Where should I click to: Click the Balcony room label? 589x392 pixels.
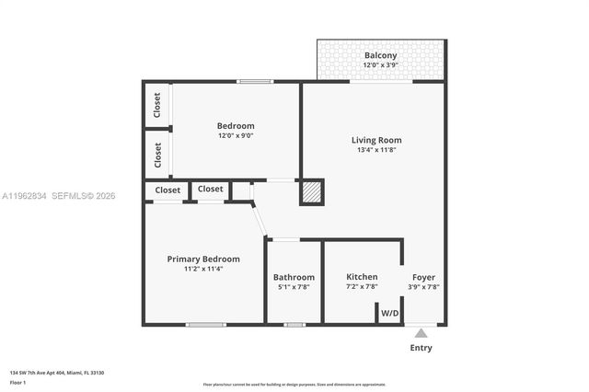380,55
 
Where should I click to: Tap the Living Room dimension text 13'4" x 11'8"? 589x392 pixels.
376,151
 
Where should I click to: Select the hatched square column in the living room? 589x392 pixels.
312,191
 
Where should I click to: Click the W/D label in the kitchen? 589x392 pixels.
390,313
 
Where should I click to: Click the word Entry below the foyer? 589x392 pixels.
421,348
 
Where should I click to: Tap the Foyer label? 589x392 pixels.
423,277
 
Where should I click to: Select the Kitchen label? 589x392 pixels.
362,277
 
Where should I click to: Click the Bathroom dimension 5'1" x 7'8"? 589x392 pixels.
294,287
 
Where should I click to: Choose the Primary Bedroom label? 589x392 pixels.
202,259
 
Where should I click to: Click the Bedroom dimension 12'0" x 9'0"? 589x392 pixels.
236,135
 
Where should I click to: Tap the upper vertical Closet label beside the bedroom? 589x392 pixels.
157,106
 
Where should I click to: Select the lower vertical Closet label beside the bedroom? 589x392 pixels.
157,154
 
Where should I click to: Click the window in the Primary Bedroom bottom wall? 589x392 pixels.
205,324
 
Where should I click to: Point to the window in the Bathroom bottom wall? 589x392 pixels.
294,324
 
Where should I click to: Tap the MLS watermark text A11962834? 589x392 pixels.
24,196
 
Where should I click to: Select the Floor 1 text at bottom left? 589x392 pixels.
17,381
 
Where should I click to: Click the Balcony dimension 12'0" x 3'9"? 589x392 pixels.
380,65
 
